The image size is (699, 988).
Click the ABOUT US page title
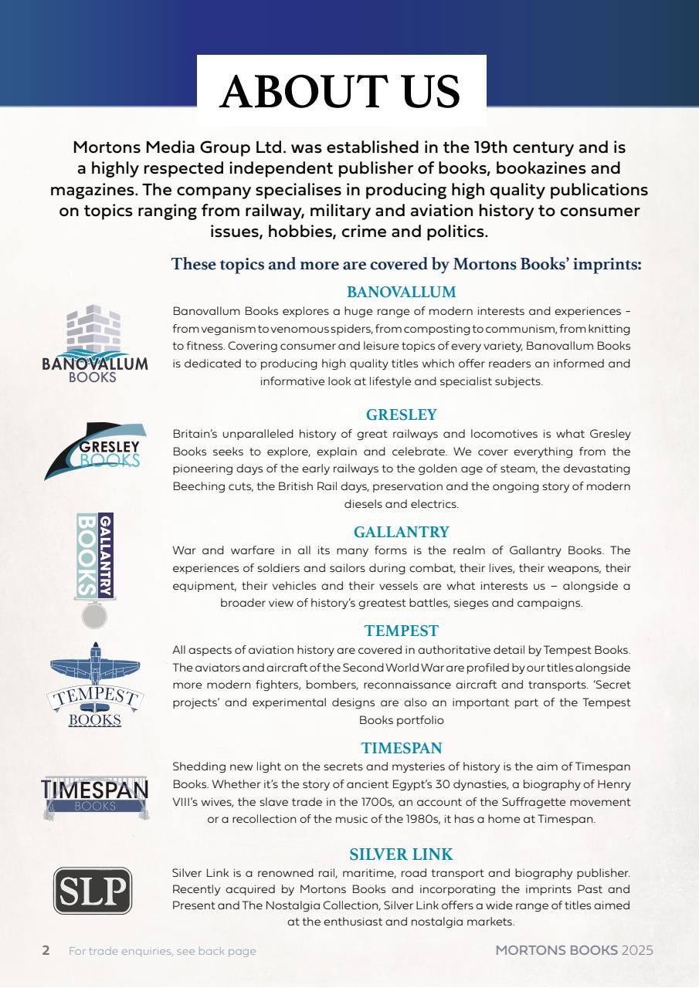pyautogui.click(x=341, y=92)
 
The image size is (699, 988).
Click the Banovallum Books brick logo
pyautogui.click(x=95, y=343)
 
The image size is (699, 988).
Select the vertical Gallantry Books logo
pyautogui.click(x=95, y=556)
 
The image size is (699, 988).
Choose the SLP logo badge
pyautogui.click(x=92, y=890)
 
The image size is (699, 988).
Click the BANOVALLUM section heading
pyautogui.click(x=401, y=292)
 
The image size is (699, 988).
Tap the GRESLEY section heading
pyautogui.click(x=401, y=414)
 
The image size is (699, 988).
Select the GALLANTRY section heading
pyautogui.click(x=401, y=532)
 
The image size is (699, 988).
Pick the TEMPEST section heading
pyautogui.click(x=401, y=631)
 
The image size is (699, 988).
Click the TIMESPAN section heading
pyautogui.click(x=401, y=747)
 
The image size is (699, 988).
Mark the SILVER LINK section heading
pyautogui.click(x=401, y=854)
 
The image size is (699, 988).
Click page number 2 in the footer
pyautogui.click(x=46, y=950)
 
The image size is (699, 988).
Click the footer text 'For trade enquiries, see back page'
pyautogui.click(x=162, y=951)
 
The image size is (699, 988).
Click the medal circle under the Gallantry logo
pyautogui.click(x=94, y=616)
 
